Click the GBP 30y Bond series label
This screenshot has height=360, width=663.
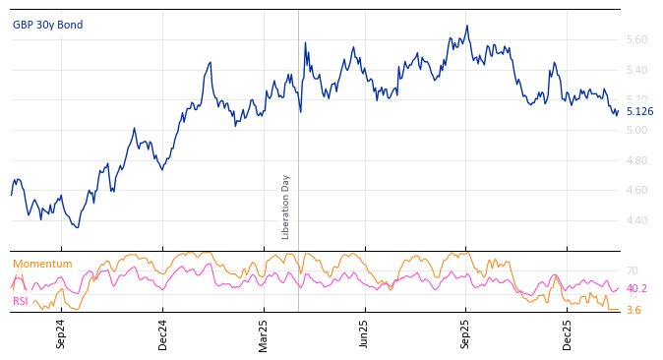coord(47,26)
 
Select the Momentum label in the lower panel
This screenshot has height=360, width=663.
coord(42,265)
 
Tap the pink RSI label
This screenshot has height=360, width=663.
coord(20,302)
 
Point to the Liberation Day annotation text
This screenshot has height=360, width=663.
coord(286,207)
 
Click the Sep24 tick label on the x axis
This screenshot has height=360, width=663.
coord(61,333)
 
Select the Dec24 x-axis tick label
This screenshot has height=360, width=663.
coord(163,333)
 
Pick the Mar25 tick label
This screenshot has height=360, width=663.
coord(264,333)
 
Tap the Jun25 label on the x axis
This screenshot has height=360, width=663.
coord(365,333)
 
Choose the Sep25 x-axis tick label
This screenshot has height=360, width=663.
coord(466,333)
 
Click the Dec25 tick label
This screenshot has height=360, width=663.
coord(568,333)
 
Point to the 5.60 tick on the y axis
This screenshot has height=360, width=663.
coord(636,40)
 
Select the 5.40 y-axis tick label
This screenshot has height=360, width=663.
coord(636,71)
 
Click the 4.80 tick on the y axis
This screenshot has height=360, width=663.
coord(636,161)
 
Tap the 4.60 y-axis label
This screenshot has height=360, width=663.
coord(636,191)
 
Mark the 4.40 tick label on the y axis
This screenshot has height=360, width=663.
coord(636,221)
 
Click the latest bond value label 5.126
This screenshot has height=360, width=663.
coord(639,112)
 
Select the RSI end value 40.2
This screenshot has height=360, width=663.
coord(636,289)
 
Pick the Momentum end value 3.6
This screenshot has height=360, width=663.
coord(633,311)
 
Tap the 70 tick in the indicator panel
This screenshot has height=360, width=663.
coord(632,271)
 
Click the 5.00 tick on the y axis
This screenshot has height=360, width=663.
coord(636,131)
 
